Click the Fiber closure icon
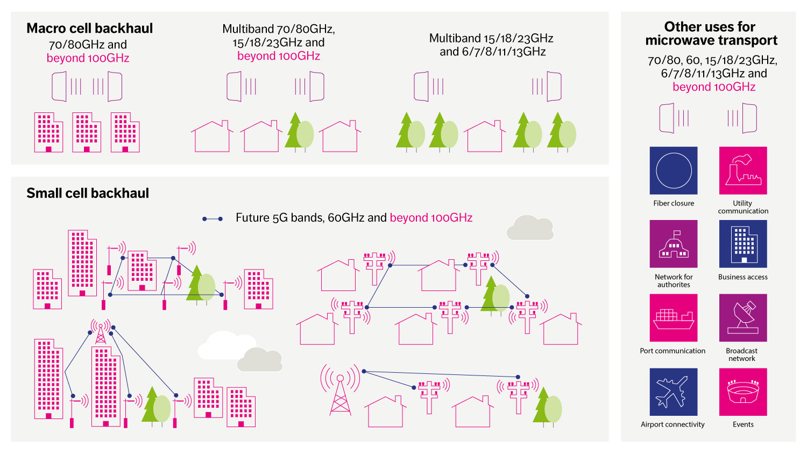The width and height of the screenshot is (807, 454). [674, 171]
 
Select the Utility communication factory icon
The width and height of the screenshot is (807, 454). [743, 171]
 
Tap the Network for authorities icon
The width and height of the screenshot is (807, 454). [674, 244]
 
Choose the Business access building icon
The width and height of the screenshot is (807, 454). [743, 244]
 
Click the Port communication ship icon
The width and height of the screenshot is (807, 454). [674, 317]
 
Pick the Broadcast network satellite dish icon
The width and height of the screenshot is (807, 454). [743, 317]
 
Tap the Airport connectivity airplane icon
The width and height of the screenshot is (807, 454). [674, 392]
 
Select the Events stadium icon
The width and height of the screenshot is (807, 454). [743, 392]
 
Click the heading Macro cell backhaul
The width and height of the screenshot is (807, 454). [90, 29]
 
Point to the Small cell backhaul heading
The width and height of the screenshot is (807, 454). [88, 193]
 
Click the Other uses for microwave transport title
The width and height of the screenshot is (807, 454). [711, 33]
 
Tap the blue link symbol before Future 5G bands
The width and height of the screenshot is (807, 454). [213, 219]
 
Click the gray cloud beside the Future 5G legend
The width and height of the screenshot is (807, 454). [530, 228]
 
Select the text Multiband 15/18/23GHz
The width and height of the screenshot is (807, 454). [491, 38]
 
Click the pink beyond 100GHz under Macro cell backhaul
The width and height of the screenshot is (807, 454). [88, 58]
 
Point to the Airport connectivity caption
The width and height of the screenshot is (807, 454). [672, 424]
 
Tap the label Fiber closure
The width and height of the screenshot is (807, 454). [674, 203]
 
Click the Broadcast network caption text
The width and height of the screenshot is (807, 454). [742, 354]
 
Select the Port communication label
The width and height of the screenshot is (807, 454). [672, 351]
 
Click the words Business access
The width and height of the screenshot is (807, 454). [743, 277]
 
